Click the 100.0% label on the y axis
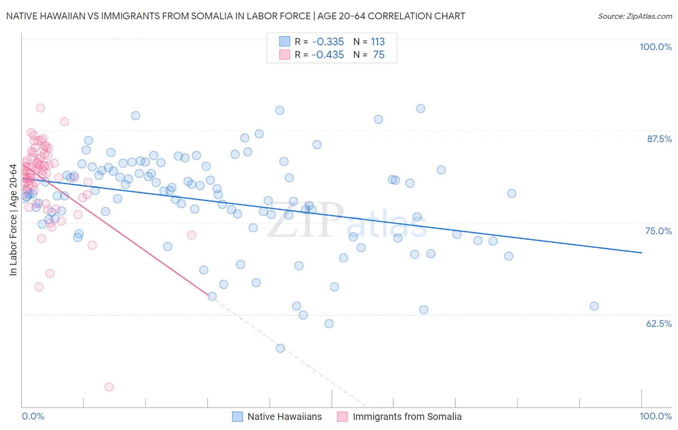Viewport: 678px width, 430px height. click(x=655, y=47)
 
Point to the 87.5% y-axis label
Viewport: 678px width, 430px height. click(x=659, y=139)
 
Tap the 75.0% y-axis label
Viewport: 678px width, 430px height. click(x=658, y=231)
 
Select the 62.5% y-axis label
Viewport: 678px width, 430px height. click(x=659, y=323)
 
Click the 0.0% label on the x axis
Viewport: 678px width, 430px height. click(x=33, y=416)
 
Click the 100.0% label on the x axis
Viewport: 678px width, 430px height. click(x=655, y=416)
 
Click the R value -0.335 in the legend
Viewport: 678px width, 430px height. click(x=327, y=41)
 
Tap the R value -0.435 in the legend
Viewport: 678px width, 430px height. click(x=327, y=54)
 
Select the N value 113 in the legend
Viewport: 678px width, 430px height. click(x=378, y=41)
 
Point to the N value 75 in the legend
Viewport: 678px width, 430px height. click(x=379, y=54)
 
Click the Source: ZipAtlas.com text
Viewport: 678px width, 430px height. click(x=635, y=16)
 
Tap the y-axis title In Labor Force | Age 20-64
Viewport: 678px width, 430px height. click(x=13, y=220)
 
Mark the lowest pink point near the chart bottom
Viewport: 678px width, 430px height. click(x=109, y=387)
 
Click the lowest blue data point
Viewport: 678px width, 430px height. click(x=280, y=348)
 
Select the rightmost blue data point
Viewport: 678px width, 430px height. click(x=594, y=306)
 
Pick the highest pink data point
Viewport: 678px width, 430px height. click(x=41, y=108)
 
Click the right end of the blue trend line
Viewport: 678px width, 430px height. click(x=641, y=252)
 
